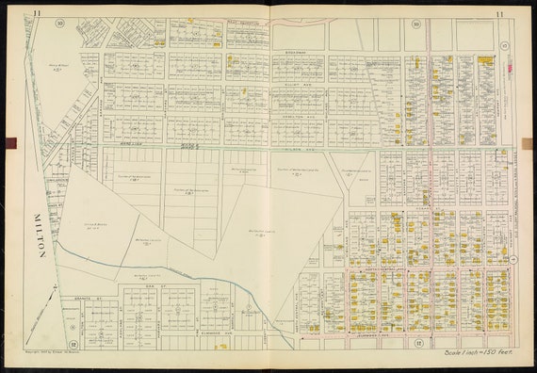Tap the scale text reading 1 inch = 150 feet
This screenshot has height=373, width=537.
tap(478, 353)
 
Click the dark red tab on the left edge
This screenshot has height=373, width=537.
tap(10, 143)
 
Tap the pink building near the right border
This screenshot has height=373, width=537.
tap(512, 67)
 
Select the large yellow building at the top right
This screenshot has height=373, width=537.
tap(486, 60)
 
